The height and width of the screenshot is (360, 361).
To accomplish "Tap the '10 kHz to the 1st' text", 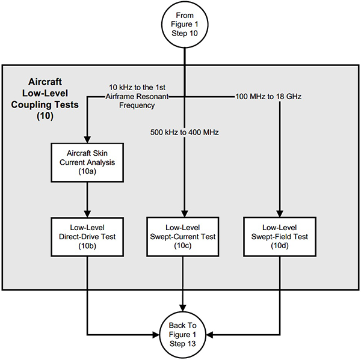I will [138, 87].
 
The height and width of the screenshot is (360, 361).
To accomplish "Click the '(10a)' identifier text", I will [88, 172].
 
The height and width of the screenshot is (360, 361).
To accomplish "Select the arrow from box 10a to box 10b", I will [88, 198].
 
